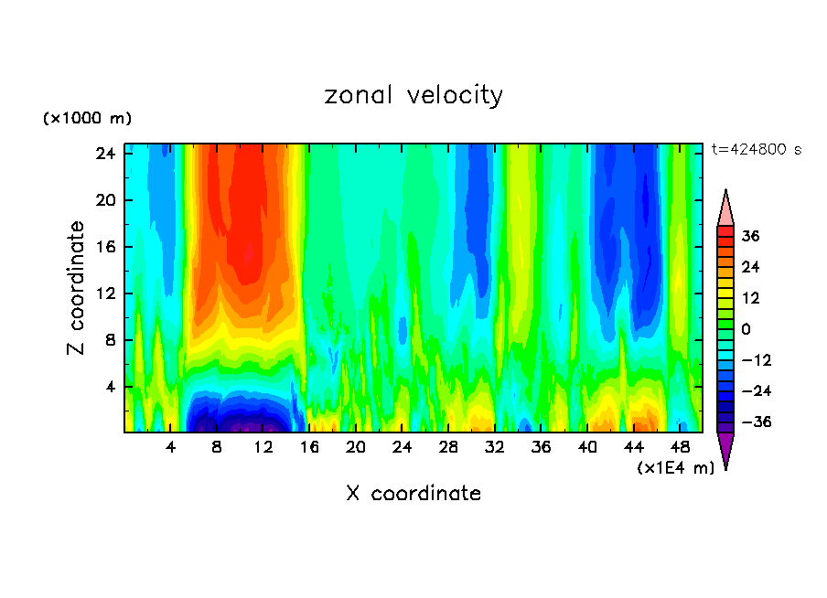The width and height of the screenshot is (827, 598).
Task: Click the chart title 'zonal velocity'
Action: (x=413, y=95)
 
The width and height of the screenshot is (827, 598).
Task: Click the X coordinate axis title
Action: (x=413, y=494)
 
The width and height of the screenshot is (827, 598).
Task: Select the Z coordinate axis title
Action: (x=77, y=288)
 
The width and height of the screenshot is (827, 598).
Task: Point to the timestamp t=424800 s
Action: (x=756, y=150)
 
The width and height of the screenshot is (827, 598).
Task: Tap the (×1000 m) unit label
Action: (x=87, y=119)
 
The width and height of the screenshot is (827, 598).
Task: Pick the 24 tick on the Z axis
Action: (x=104, y=154)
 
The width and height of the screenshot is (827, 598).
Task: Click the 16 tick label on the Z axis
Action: (x=104, y=247)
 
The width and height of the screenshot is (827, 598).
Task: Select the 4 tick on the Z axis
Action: (x=110, y=387)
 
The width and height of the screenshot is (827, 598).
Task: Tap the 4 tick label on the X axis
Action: (x=171, y=448)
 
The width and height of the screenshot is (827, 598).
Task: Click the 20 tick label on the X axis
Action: (x=356, y=448)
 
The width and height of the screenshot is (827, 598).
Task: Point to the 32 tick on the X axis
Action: (x=495, y=448)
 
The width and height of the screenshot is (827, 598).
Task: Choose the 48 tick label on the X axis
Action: (x=680, y=448)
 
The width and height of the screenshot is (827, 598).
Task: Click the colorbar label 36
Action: (x=751, y=236)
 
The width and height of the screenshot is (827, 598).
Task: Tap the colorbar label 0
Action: (x=746, y=329)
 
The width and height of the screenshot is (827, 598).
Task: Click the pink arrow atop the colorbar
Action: (x=725, y=208)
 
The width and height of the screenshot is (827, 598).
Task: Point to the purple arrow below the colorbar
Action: (x=725, y=450)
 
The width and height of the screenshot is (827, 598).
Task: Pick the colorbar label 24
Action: (x=751, y=267)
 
